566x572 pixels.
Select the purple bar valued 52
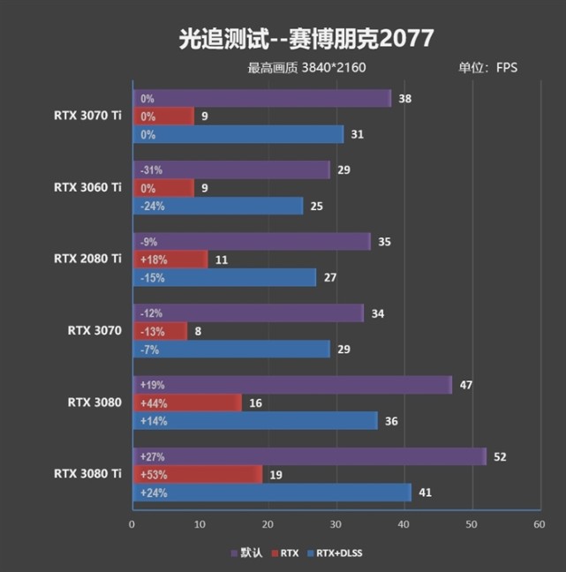point(309,456)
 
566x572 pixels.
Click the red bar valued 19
point(197,474)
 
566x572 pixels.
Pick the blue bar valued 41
point(271,493)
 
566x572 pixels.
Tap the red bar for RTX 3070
point(160,331)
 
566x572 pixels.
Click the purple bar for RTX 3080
point(291,385)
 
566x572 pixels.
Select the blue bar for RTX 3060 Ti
point(217,206)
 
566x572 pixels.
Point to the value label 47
point(467,385)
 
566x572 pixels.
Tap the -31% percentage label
point(152,169)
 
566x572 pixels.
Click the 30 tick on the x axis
point(336,524)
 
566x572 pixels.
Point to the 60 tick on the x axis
point(540,524)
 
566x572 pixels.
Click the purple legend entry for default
point(250,553)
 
